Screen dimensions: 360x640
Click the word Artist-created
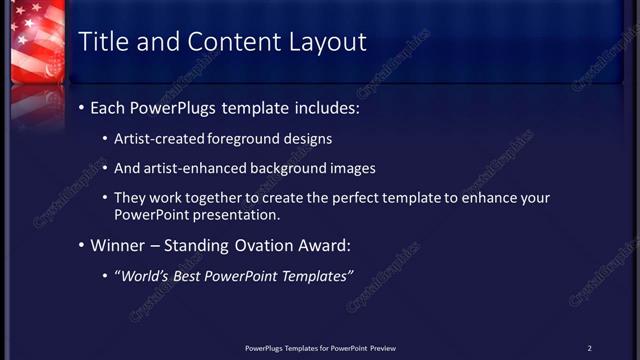click(x=160, y=139)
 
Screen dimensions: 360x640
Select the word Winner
click(x=119, y=245)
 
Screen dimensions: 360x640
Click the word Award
click(x=322, y=245)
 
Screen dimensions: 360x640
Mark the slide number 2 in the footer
click(x=590, y=348)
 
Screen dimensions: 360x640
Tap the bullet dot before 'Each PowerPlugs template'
click(x=82, y=108)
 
